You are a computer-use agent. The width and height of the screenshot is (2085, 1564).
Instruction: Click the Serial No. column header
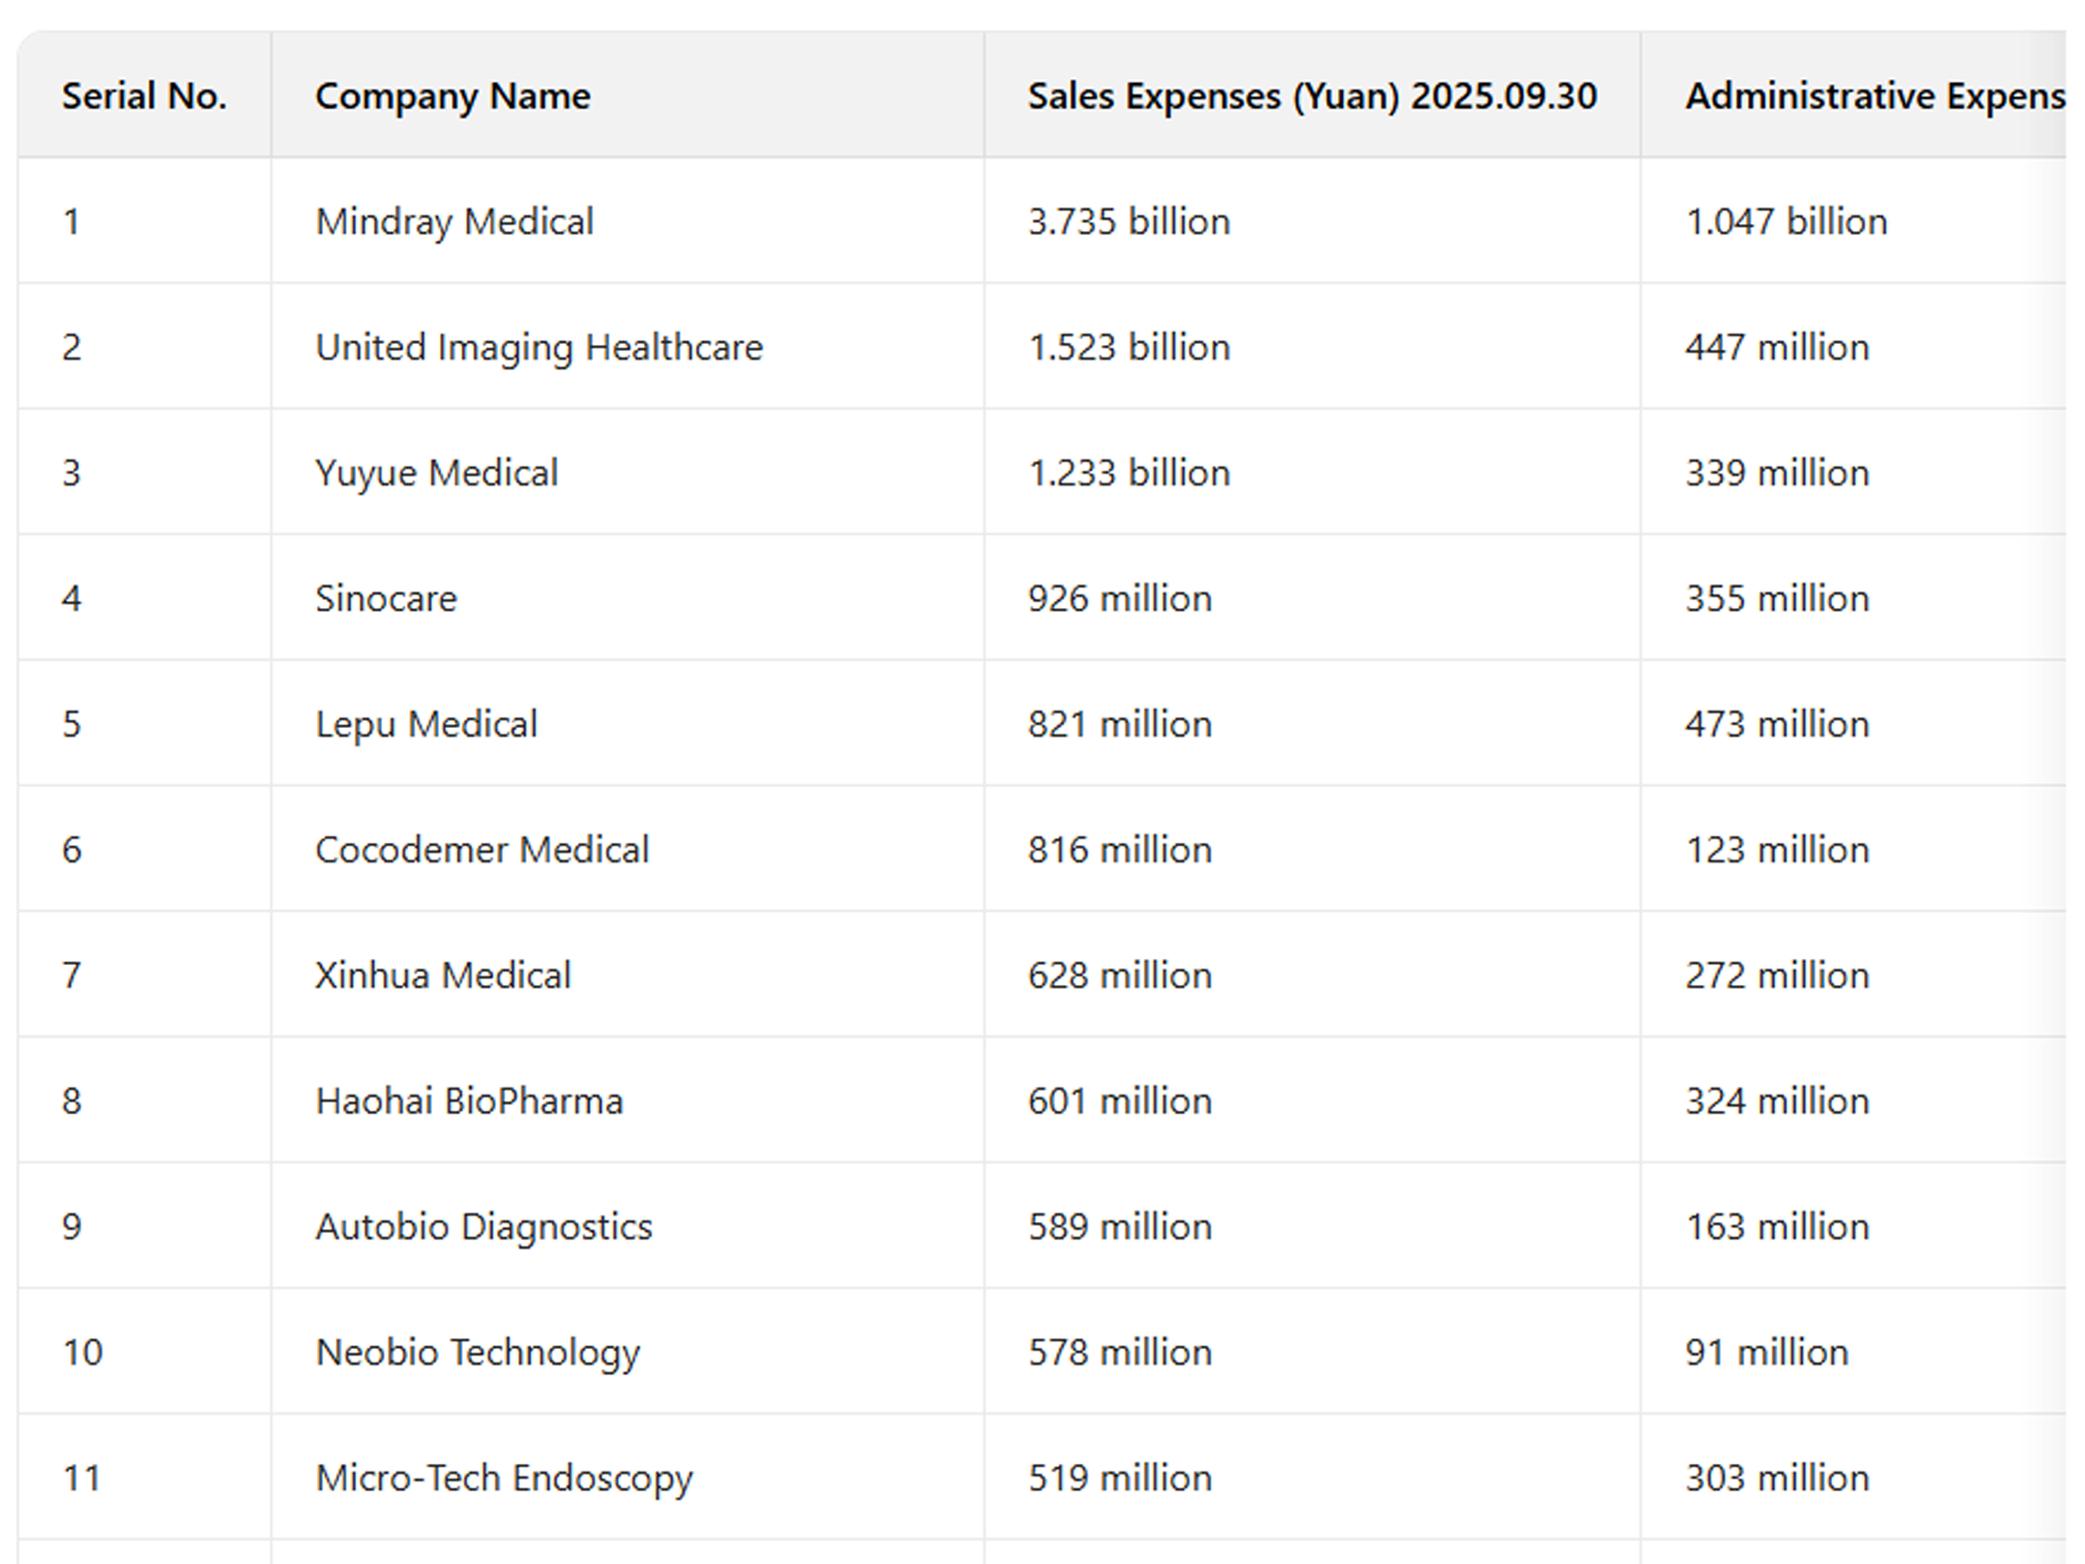[144, 96]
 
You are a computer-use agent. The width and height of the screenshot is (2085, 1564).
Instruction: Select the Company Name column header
[452, 96]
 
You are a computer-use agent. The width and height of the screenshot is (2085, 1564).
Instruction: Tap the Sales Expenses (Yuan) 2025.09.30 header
[1311, 96]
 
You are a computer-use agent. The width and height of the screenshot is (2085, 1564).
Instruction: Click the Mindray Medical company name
[454, 222]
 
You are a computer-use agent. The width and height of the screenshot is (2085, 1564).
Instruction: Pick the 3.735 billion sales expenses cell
[1128, 222]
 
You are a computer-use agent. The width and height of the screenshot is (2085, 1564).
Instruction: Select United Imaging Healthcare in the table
[538, 347]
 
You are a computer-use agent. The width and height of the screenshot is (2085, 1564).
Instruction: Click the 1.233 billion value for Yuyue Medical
[1128, 472]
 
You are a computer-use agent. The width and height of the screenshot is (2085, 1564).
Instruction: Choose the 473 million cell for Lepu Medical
[1777, 724]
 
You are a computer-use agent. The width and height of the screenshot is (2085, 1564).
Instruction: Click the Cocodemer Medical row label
[482, 849]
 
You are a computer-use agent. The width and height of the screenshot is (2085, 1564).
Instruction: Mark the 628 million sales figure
[1119, 975]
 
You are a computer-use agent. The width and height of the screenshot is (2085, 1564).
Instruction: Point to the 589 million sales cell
[1119, 1227]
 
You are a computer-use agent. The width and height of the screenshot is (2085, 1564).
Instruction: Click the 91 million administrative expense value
[1766, 1352]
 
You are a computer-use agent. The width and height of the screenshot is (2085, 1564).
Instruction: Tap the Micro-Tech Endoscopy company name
[503, 1477]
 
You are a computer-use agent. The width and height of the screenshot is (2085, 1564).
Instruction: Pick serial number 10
[82, 1352]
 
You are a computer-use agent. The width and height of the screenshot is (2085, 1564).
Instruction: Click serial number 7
[72, 975]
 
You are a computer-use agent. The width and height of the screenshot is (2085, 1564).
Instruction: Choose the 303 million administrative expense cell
[1777, 1477]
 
